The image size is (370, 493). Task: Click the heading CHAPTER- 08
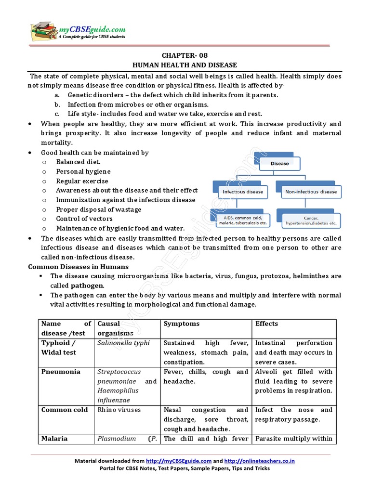pos(185,55)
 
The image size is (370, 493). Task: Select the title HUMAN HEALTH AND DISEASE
pos(185,65)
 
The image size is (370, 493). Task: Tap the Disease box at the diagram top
pos(279,164)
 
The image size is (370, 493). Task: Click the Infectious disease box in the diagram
pos(243,192)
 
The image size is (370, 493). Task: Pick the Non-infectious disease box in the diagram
pos(311,192)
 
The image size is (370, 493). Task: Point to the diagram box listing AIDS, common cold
pos(242,221)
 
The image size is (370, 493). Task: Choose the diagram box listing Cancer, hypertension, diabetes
pos(310,221)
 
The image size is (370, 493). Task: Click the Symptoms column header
pos(182,324)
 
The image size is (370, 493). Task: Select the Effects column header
pos(266,324)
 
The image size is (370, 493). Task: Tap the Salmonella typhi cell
pos(123,343)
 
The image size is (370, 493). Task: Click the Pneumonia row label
pos(61,372)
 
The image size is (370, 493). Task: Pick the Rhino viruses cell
pos(117,410)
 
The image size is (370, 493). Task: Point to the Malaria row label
pos(54,439)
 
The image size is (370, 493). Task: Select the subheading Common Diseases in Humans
pos(79,267)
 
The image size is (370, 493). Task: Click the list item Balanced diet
pos(79,162)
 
